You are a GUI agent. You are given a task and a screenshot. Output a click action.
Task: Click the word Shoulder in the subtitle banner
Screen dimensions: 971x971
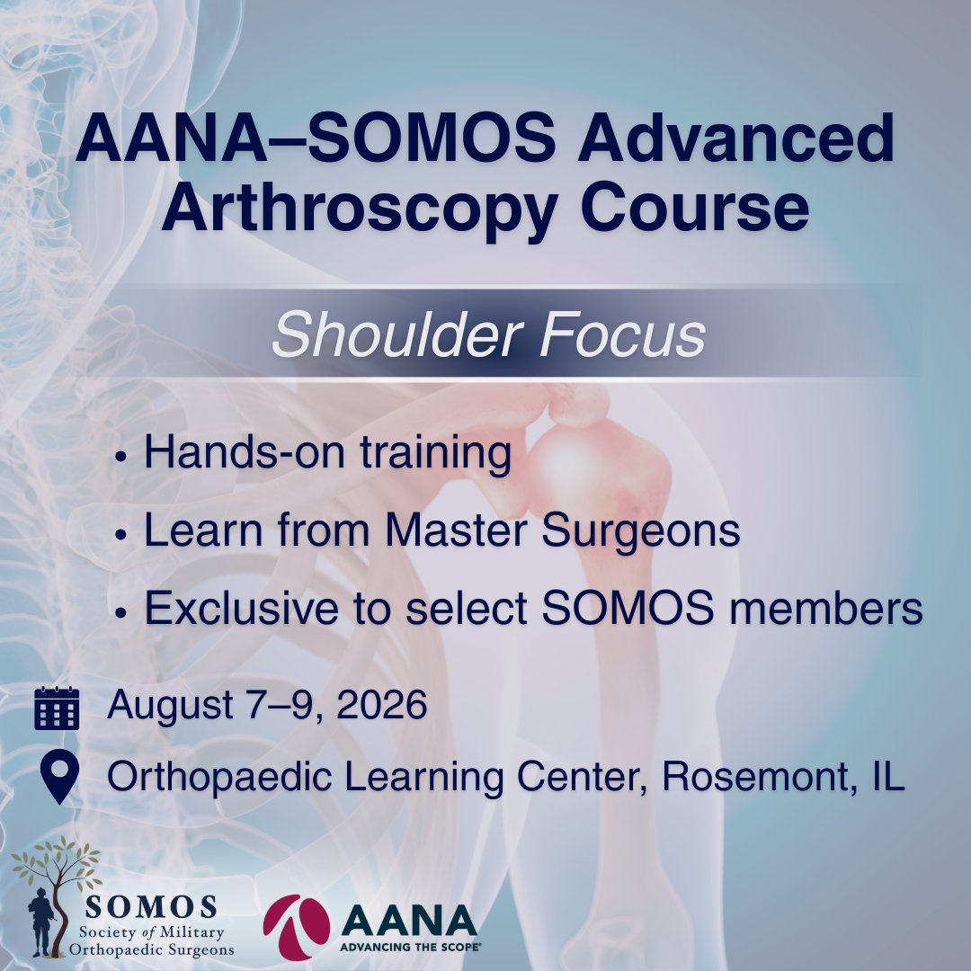394,334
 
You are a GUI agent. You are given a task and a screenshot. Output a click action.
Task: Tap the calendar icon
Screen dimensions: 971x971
57,708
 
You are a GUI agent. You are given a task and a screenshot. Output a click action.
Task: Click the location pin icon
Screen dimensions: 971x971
57,778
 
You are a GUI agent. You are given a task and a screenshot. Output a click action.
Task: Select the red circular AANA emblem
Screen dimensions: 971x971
296,925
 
